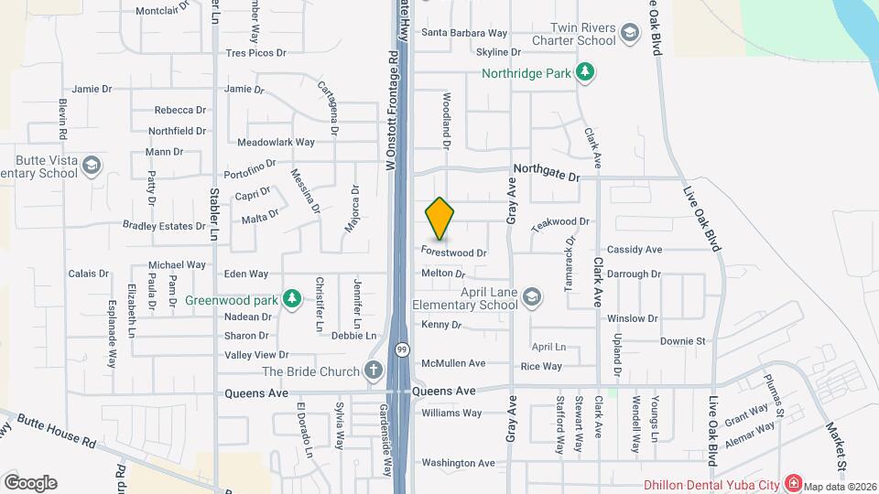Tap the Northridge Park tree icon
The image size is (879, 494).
pyautogui.click(x=585, y=72)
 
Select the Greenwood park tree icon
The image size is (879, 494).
pyautogui.click(x=291, y=298)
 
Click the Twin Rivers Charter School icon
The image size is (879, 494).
pyautogui.click(x=630, y=35)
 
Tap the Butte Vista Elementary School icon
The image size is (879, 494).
pyautogui.click(x=91, y=166)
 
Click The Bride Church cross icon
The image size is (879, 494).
pyautogui.click(x=372, y=370)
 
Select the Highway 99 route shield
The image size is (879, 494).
pyautogui.click(x=402, y=349)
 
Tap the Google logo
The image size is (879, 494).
pyautogui.click(x=30, y=483)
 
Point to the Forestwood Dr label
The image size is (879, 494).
pyautogui.click(x=453, y=252)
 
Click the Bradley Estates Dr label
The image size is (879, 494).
pyautogui.click(x=165, y=226)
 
